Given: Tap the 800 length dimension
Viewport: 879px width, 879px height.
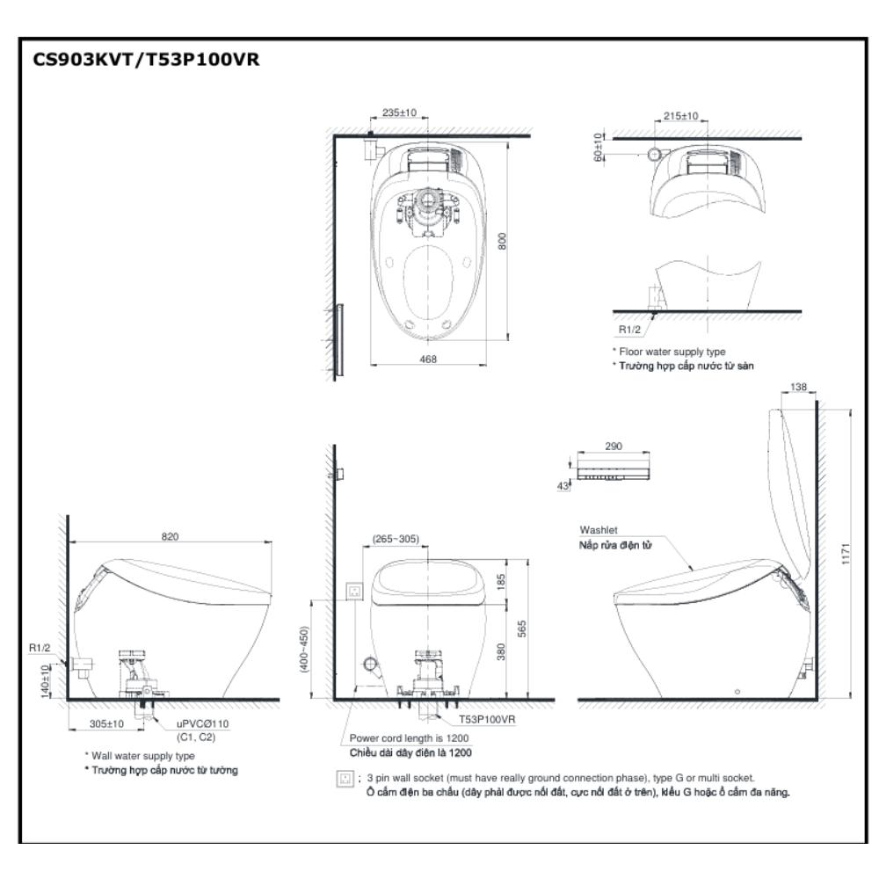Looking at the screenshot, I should (504, 241).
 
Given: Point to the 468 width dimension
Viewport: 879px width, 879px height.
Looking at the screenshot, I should (428, 359).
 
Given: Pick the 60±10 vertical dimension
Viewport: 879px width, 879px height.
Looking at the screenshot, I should (598, 146).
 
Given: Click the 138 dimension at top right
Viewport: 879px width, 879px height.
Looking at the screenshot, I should (799, 387).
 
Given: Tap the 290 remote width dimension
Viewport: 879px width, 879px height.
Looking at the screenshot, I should (614, 447).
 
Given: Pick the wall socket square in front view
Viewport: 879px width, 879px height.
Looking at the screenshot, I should (356, 592).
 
